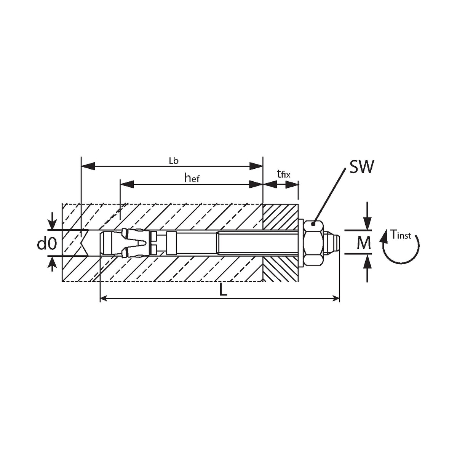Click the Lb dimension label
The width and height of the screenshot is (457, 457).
click(174, 161)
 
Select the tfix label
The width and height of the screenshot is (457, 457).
click(283, 174)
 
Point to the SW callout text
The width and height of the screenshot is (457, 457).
click(362, 167)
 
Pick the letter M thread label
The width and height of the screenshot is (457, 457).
click(364, 243)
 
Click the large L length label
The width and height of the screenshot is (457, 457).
click(223, 289)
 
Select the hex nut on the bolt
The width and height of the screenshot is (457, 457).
click(313, 243)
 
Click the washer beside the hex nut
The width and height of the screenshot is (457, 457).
click(301, 243)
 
